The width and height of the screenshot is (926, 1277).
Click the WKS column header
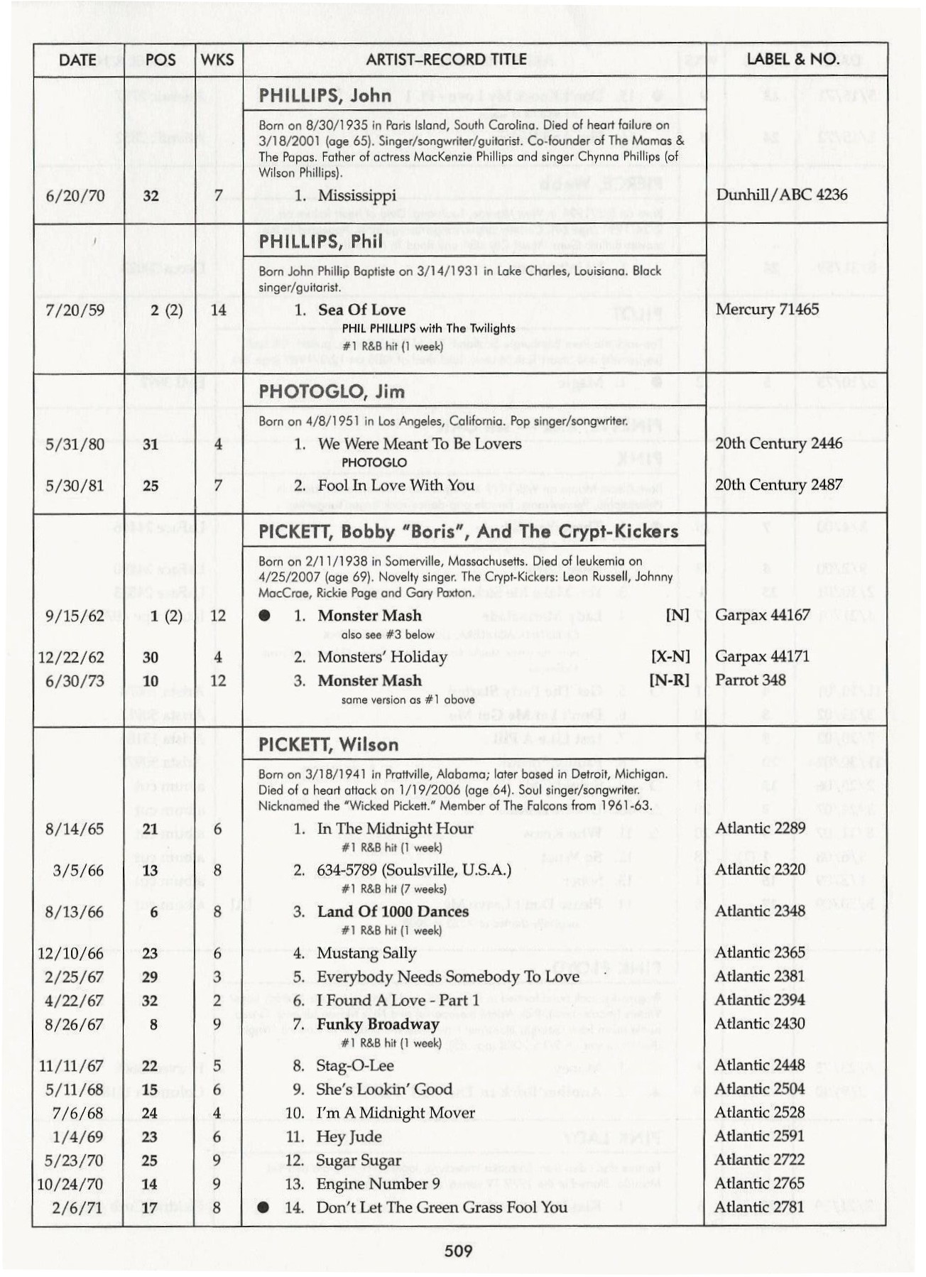click(x=217, y=60)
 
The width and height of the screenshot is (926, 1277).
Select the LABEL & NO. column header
click(x=792, y=59)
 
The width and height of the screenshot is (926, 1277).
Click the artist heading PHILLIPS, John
click(x=325, y=95)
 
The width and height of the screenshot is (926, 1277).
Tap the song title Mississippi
click(x=357, y=195)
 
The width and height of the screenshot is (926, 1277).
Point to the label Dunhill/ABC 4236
click(x=781, y=195)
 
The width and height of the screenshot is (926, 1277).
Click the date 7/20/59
click(x=75, y=310)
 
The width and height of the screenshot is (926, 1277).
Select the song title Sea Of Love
click(x=361, y=310)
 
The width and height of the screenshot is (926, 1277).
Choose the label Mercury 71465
click(x=767, y=309)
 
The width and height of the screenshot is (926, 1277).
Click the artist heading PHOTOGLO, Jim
click(x=332, y=391)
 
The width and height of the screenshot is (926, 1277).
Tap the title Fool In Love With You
click(x=396, y=485)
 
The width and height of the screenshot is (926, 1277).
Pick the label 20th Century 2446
click(x=778, y=443)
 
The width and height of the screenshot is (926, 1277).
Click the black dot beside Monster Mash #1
click(x=265, y=616)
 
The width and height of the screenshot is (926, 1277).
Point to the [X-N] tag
click(x=670, y=657)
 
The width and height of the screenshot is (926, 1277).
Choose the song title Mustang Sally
click(x=366, y=953)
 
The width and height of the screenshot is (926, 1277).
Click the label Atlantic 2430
click(x=760, y=1023)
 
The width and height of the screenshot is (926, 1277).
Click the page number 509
click(x=458, y=1251)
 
